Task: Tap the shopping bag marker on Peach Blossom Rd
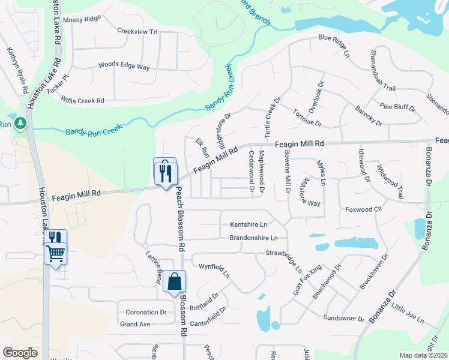click(x=174, y=281)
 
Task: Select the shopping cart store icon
click(x=55, y=254)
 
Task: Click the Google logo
click(x=20, y=353)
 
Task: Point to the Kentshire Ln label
click(x=248, y=225)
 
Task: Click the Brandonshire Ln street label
click(x=254, y=238)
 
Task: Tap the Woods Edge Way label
click(x=124, y=66)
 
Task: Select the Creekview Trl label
click(x=137, y=31)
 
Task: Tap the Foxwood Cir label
click(x=364, y=209)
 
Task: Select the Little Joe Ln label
click(x=408, y=312)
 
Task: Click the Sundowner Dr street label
click(x=343, y=317)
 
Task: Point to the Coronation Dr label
click(x=146, y=312)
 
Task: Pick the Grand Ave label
click(x=135, y=324)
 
